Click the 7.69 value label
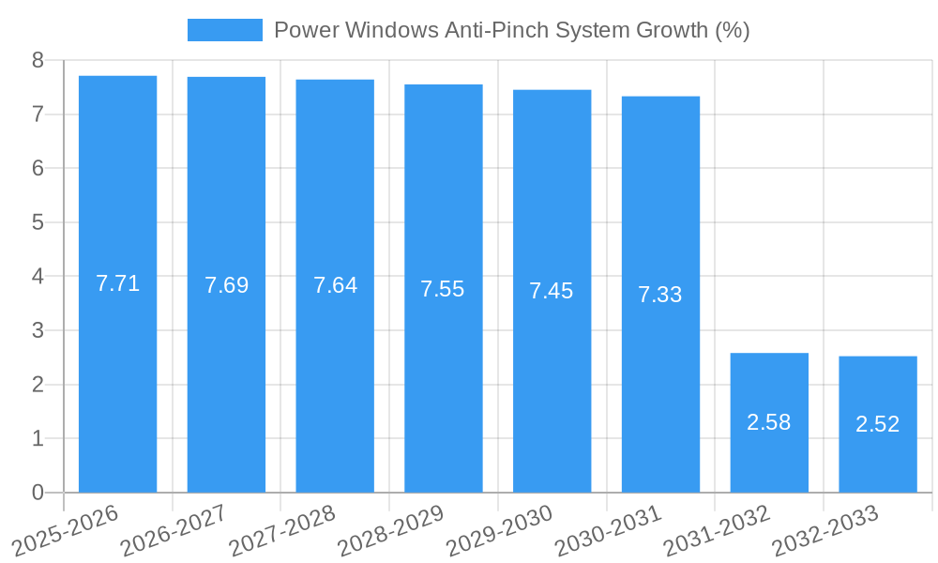227,285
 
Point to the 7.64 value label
335,285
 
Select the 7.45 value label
551,291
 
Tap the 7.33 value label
659,295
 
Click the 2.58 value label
768,422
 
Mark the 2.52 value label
877,424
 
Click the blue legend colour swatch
225,30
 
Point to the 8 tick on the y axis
38,61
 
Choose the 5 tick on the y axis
38,222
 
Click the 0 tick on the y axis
38,493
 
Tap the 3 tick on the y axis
38,330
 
